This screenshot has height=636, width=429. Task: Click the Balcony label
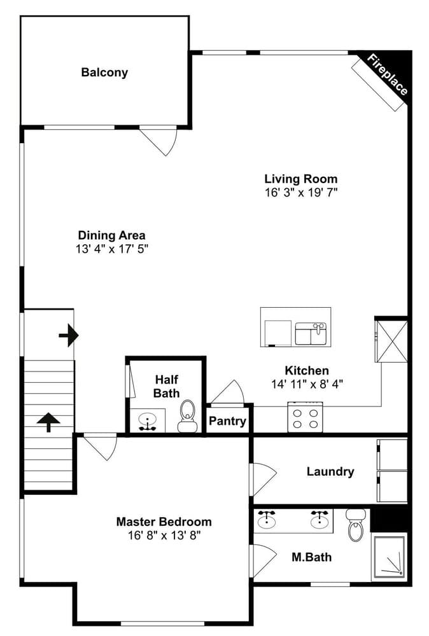pos(104,73)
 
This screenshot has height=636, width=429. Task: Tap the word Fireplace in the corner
pos(387,75)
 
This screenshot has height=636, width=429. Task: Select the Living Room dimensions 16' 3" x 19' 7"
pos(300,191)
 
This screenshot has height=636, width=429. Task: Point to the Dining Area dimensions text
pos(112,248)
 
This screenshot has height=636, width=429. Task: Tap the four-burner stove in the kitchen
pos(305,418)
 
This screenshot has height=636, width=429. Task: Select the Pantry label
pos(228,421)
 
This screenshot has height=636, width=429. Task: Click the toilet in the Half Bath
pos(188,416)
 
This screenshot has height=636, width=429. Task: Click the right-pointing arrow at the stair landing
pos(69,335)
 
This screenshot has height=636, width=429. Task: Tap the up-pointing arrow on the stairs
pos(48,422)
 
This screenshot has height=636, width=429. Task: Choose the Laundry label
pos(330,472)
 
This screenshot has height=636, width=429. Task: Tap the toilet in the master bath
pos(356,526)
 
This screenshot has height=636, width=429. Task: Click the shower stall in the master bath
pos(388,556)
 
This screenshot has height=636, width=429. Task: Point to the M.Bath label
pos(311,558)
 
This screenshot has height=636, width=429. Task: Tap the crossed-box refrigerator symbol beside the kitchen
pos(391,341)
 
